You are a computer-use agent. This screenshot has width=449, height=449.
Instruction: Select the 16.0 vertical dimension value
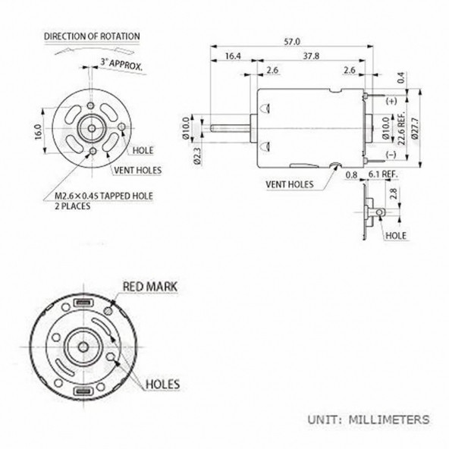(37, 130)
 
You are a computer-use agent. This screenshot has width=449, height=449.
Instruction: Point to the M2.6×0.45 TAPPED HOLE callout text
(108, 196)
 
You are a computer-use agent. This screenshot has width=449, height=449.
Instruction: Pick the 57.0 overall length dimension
(291, 41)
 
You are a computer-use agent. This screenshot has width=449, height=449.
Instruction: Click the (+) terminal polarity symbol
(391, 101)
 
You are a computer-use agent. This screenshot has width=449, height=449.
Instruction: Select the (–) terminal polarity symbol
(391, 155)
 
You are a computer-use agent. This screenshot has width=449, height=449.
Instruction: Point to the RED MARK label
(149, 287)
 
